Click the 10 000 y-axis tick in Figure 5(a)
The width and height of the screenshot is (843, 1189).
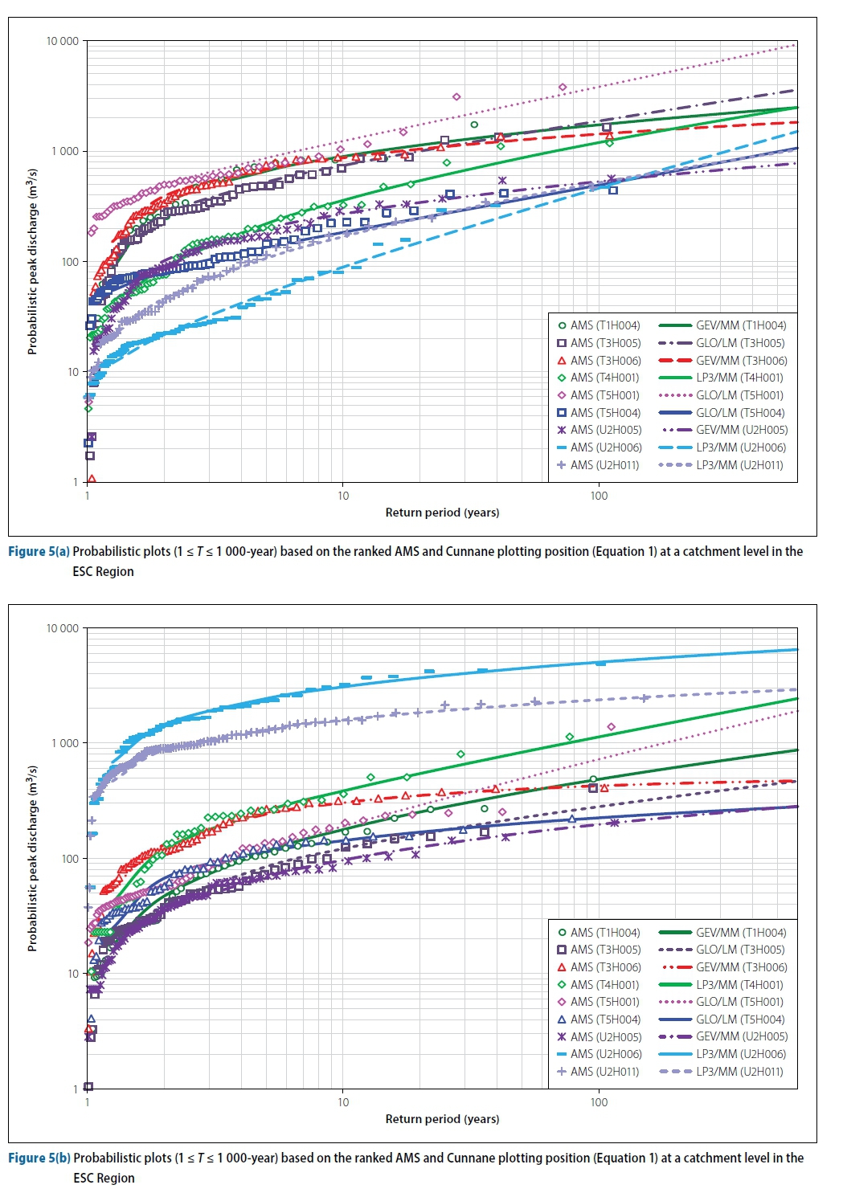[x=63, y=41]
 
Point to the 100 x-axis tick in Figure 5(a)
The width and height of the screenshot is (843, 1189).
[x=599, y=496]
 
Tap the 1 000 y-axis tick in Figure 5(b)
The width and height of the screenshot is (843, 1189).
[x=65, y=743]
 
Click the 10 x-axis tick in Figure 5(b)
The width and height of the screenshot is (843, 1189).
[x=343, y=1102]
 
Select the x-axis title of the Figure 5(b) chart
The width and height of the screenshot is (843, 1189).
[x=442, y=1119]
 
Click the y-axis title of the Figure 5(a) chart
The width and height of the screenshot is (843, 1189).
[x=32, y=261]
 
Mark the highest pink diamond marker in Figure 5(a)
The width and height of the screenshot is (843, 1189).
[x=563, y=87]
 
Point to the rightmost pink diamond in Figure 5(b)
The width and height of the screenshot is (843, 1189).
[x=612, y=727]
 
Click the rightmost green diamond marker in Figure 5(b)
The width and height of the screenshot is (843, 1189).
[x=570, y=737]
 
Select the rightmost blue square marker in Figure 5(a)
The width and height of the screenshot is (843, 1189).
[x=613, y=190]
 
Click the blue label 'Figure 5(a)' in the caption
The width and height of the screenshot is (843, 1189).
[x=39, y=552]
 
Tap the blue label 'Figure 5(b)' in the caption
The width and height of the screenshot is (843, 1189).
[x=39, y=1158]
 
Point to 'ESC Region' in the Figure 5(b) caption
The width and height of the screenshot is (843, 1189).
[x=104, y=1179]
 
